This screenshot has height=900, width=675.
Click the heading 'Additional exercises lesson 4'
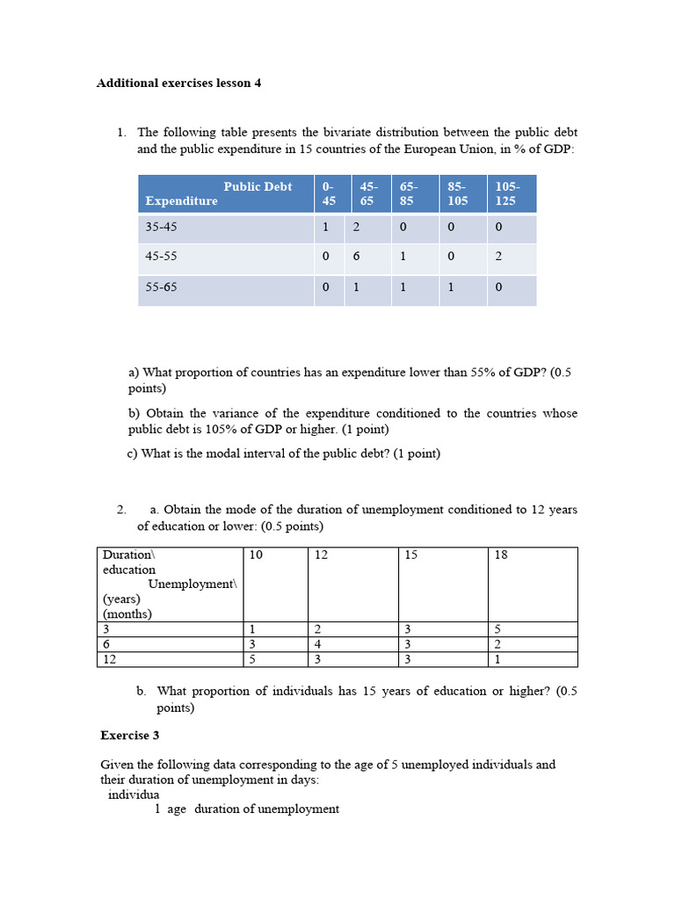click(178, 83)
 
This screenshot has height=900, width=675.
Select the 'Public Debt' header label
click(258, 186)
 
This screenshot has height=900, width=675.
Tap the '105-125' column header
click(507, 193)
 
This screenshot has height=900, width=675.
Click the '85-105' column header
click(457, 193)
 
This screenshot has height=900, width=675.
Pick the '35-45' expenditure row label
click(161, 227)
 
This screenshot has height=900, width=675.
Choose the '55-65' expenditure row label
click(161, 287)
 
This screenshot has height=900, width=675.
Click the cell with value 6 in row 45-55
click(356, 257)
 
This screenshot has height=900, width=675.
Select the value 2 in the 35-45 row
click(356, 227)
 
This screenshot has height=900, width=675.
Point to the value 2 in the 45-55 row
click(498, 257)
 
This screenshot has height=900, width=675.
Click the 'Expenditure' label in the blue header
click(181, 201)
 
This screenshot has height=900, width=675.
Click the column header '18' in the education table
click(501, 555)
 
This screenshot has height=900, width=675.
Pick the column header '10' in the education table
click(256, 555)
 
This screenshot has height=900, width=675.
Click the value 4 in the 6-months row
click(317, 644)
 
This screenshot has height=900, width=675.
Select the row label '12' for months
click(110, 659)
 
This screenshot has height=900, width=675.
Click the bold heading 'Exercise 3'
click(130, 735)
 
